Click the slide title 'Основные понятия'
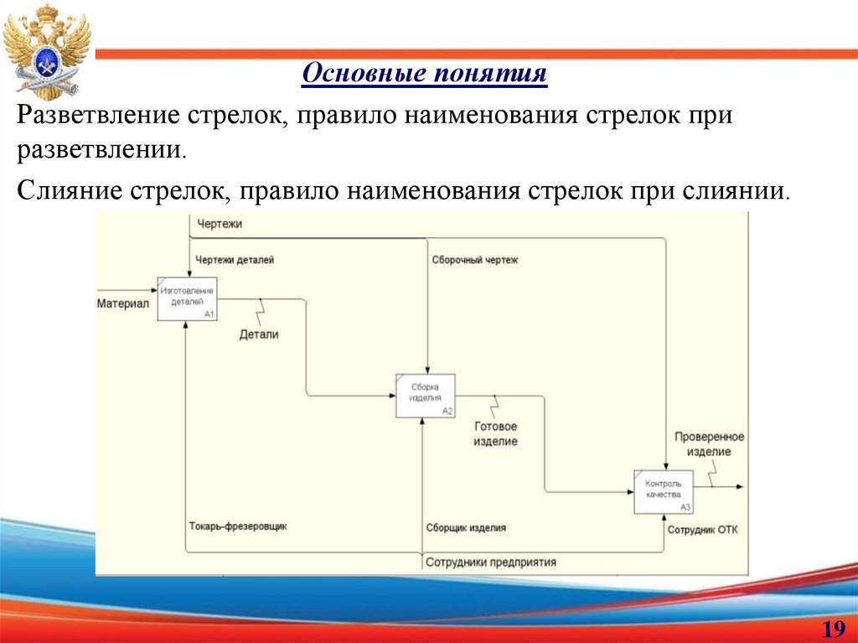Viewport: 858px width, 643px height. pyautogui.click(x=424, y=74)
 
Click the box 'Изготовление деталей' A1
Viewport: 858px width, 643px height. pyautogui.click(x=188, y=298)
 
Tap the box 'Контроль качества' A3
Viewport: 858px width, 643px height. pyautogui.click(x=663, y=491)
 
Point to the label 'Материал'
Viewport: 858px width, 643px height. pyautogui.click(x=122, y=303)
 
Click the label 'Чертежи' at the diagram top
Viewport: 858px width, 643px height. pyautogui.click(x=220, y=224)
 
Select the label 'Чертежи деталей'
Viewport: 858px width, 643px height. pyautogui.click(x=235, y=260)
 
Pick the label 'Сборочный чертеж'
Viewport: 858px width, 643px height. pyautogui.click(x=475, y=260)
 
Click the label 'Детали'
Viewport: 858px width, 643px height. pyautogui.click(x=259, y=334)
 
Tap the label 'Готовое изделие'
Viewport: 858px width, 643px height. pyautogui.click(x=495, y=433)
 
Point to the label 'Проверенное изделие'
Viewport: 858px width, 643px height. pyautogui.click(x=709, y=444)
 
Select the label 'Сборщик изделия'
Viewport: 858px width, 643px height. pyautogui.click(x=466, y=528)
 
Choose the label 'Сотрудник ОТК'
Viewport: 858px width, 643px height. pyautogui.click(x=702, y=530)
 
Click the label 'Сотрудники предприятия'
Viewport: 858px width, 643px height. pyautogui.click(x=490, y=563)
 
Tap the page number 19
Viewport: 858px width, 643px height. pyautogui.click(x=832, y=629)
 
